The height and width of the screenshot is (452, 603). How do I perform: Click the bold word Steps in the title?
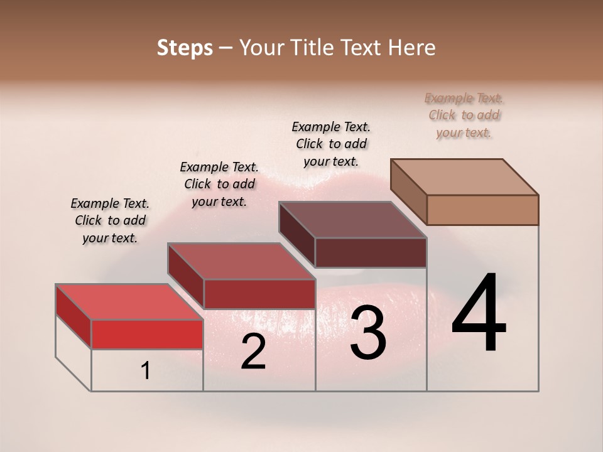coord(185,48)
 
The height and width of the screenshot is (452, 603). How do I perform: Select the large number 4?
coord(479,314)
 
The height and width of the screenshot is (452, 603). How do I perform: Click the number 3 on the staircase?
coord(367,333)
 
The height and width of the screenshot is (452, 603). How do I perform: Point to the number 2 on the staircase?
coord(253,352)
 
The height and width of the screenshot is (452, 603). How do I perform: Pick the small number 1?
coord(146,371)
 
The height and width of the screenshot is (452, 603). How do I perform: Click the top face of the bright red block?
coord(129,302)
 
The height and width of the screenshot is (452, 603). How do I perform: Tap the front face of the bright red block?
coord(147,334)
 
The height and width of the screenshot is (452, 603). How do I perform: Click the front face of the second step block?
coord(259,294)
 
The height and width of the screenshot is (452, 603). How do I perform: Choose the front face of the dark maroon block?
coord(371,252)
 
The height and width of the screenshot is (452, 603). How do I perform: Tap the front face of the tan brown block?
coord(482,210)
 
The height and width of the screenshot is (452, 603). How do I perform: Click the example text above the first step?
coord(110,220)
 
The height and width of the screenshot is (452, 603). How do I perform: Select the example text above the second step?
coord(219,184)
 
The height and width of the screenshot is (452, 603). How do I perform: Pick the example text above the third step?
coord(331,144)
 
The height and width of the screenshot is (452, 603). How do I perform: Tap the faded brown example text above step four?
coord(464,115)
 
